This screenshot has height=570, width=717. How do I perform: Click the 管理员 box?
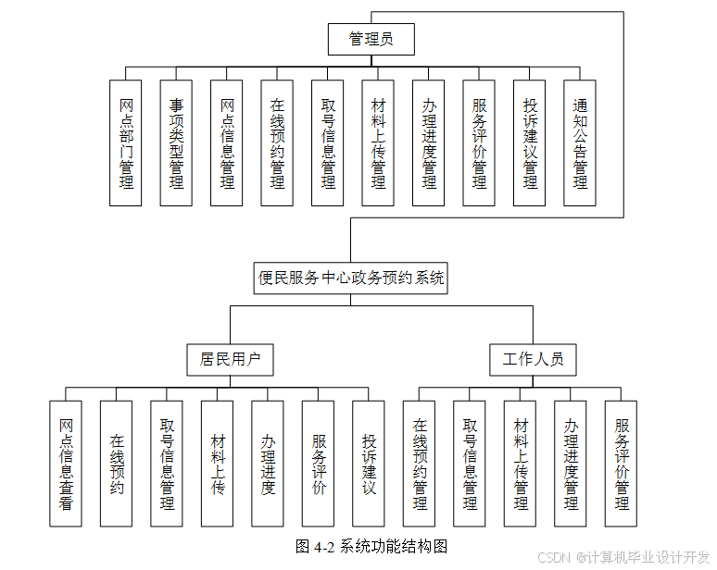[371, 39]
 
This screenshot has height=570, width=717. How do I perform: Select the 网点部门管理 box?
[126, 142]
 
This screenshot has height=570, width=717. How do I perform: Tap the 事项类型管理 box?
[176, 142]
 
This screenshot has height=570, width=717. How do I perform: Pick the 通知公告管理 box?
[580, 142]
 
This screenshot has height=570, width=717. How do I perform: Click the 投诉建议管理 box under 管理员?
[530, 142]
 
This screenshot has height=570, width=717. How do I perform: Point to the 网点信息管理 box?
[227, 142]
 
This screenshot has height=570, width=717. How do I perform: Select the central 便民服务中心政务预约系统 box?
[351, 279]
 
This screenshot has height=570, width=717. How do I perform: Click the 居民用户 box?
[230, 360]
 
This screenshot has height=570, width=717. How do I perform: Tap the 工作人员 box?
[534, 360]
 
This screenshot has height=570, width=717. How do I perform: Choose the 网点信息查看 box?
[66, 464]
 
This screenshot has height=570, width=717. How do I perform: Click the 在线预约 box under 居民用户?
[116, 464]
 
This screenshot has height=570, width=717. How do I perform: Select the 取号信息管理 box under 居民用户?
[167, 464]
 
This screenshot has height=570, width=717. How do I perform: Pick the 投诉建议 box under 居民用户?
[369, 464]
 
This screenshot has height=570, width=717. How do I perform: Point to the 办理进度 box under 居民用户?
[268, 464]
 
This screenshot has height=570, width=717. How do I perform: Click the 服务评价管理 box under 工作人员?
[621, 464]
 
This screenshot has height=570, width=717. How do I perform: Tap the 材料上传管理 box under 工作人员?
[520, 464]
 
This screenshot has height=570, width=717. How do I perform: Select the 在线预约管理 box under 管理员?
[277, 142]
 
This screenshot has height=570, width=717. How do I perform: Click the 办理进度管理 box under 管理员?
[429, 142]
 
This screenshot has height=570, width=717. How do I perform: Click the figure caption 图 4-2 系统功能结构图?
[371, 546]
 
